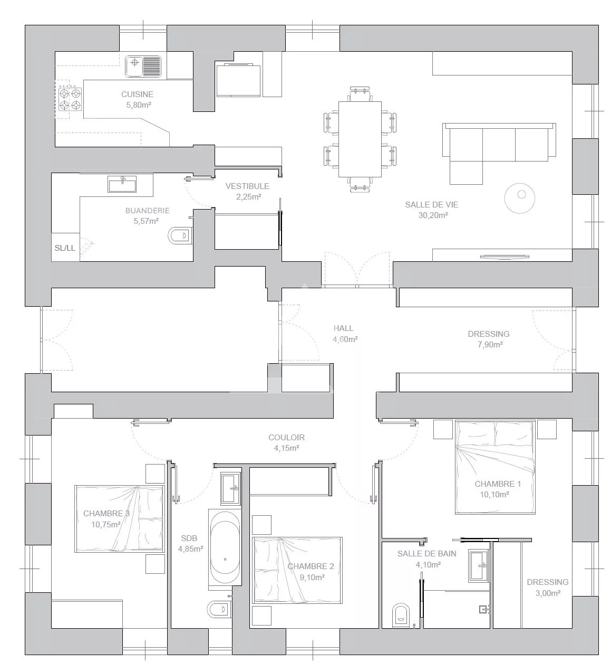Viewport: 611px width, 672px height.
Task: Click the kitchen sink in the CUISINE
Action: [143, 67]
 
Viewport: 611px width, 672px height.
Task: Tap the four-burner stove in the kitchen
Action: [70, 99]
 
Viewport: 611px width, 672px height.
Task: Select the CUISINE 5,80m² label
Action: [137, 99]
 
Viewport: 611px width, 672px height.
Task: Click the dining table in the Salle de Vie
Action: [360, 139]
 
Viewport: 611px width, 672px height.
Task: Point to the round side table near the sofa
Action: [519, 197]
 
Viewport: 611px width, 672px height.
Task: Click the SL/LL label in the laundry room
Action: [65, 248]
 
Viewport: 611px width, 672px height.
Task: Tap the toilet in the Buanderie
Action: [180, 235]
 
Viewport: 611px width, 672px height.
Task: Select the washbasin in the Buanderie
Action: [122, 184]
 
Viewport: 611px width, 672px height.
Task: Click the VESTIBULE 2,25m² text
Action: [247, 191]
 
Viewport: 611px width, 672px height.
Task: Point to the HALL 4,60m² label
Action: [345, 334]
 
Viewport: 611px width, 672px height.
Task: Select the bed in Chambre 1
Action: [495, 467]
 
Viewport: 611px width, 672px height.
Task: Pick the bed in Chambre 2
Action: [297, 571]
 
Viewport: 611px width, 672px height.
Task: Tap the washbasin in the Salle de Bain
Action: [479, 565]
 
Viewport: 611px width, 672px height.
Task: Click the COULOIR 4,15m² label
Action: [286, 442]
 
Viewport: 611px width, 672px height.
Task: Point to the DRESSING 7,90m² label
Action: [489, 339]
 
